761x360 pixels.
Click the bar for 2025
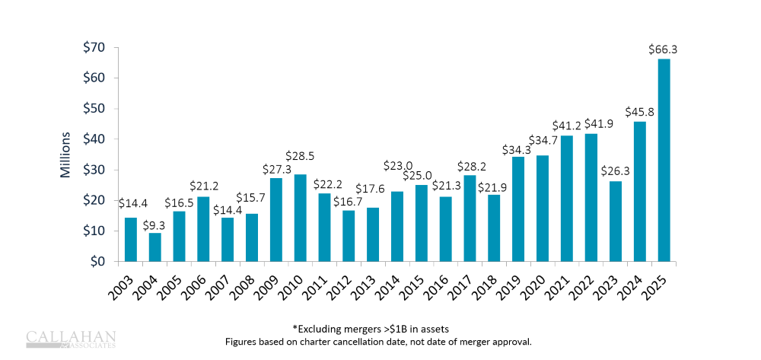[x=664, y=160]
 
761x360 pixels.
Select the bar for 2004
[x=155, y=247]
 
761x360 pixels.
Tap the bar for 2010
[x=301, y=218]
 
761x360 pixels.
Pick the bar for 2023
[x=616, y=221]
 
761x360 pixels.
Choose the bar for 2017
[x=470, y=218]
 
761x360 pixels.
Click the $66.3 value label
[x=664, y=49]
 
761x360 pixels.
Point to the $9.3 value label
[x=154, y=224]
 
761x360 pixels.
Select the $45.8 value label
[x=639, y=112]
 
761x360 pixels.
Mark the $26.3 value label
[x=615, y=171]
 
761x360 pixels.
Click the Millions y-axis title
[x=66, y=155]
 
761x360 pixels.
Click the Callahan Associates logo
[x=71, y=339]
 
